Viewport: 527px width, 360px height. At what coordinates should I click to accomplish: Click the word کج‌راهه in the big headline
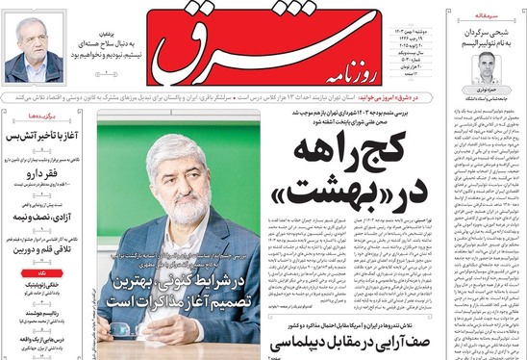[355, 148]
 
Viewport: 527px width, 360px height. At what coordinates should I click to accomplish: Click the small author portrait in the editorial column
[488, 68]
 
